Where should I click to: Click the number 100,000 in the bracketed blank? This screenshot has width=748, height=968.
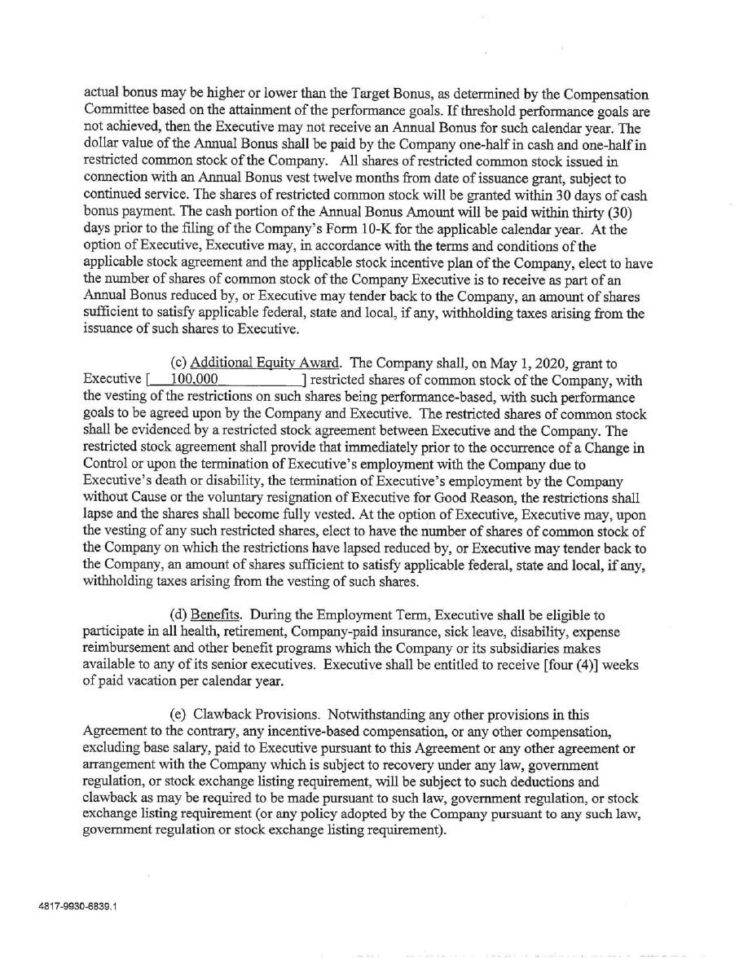pos(193,378)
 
